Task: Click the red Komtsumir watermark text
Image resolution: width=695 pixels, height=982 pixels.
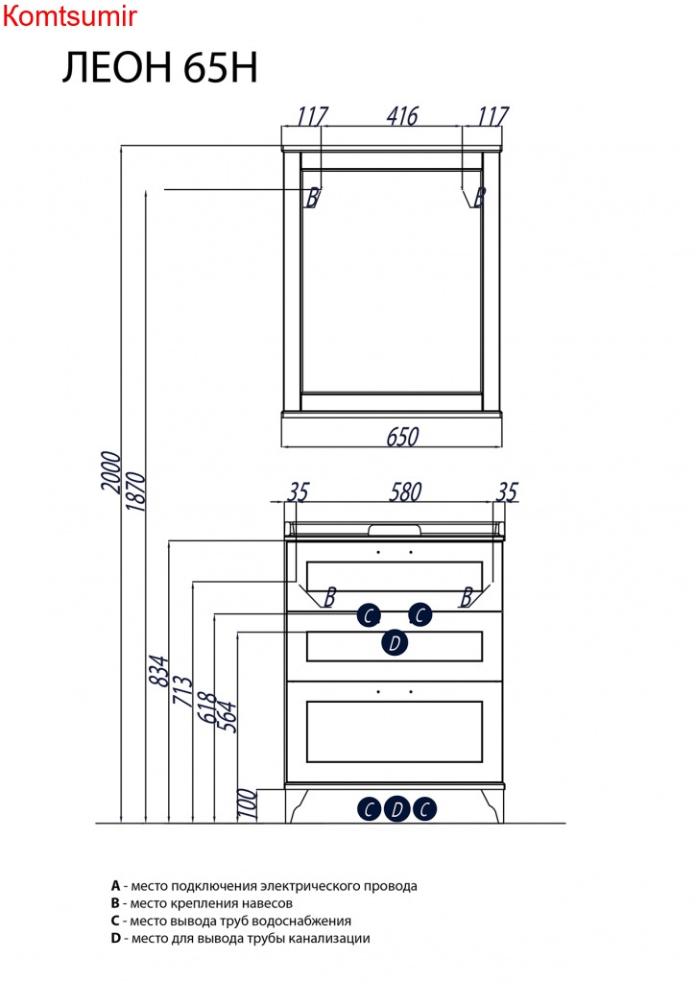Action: pyautogui.click(x=69, y=16)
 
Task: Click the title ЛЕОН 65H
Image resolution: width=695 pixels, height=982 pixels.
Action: pyautogui.click(x=159, y=67)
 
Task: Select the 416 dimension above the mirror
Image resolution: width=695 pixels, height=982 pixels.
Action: pyautogui.click(x=402, y=116)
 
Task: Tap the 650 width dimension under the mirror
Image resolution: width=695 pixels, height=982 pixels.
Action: pyautogui.click(x=402, y=436)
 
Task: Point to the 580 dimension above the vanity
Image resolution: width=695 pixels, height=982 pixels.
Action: pyautogui.click(x=405, y=491)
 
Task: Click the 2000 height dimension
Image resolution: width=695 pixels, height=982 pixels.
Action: pyautogui.click(x=110, y=471)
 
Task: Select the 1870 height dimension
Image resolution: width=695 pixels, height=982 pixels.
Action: pyautogui.click(x=135, y=492)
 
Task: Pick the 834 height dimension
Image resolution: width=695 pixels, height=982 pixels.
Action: pyautogui.click(x=159, y=671)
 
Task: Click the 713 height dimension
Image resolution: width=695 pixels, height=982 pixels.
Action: pyautogui.click(x=182, y=691)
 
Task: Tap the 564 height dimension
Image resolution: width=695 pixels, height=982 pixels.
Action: pyautogui.click(x=228, y=716)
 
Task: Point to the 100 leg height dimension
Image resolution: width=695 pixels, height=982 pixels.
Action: pyautogui.click(x=248, y=804)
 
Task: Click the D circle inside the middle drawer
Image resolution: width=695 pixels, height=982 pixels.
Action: pyautogui.click(x=395, y=642)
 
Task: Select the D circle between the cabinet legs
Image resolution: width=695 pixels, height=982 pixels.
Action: pyautogui.click(x=396, y=809)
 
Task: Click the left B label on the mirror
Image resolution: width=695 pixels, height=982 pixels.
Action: pyautogui.click(x=312, y=198)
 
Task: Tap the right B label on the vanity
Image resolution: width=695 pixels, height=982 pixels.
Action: pyautogui.click(x=466, y=597)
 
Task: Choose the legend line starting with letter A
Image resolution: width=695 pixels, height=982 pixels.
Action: pyautogui.click(x=264, y=886)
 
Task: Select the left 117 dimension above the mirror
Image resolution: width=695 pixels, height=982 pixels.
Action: pyautogui.click(x=312, y=116)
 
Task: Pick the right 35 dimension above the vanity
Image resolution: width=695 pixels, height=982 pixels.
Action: pyautogui.click(x=507, y=491)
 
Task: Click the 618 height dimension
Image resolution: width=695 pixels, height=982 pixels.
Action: pyautogui.click(x=206, y=707)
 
